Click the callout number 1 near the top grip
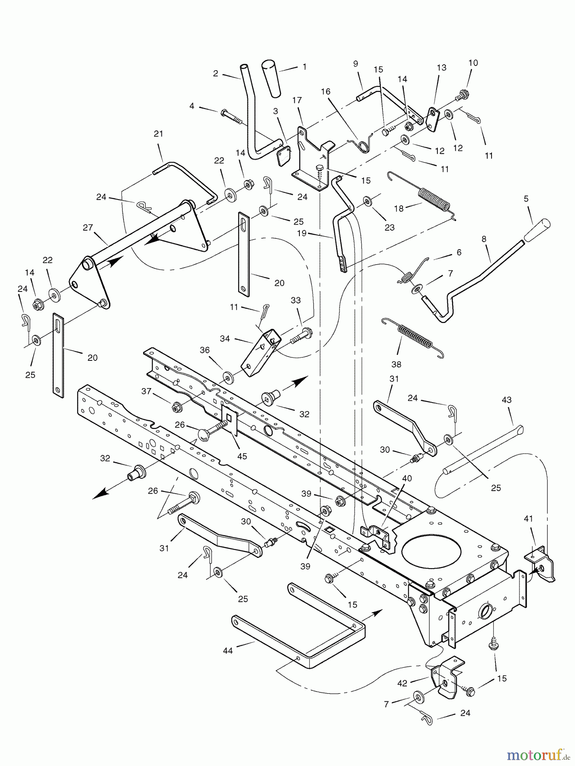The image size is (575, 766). click(x=304, y=67)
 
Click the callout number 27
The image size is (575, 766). click(x=88, y=228)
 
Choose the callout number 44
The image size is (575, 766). click(x=228, y=650)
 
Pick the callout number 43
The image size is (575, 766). click(x=507, y=400)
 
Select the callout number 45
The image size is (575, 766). click(x=242, y=456)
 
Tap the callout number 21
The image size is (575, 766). click(x=158, y=134)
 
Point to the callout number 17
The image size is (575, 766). click(x=297, y=100)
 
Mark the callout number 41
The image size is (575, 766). click(x=529, y=519)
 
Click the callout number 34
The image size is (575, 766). click(x=225, y=339)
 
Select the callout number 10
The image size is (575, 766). click(x=473, y=63)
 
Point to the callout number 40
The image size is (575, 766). click(x=407, y=478)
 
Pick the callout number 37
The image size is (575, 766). click(x=147, y=391)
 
